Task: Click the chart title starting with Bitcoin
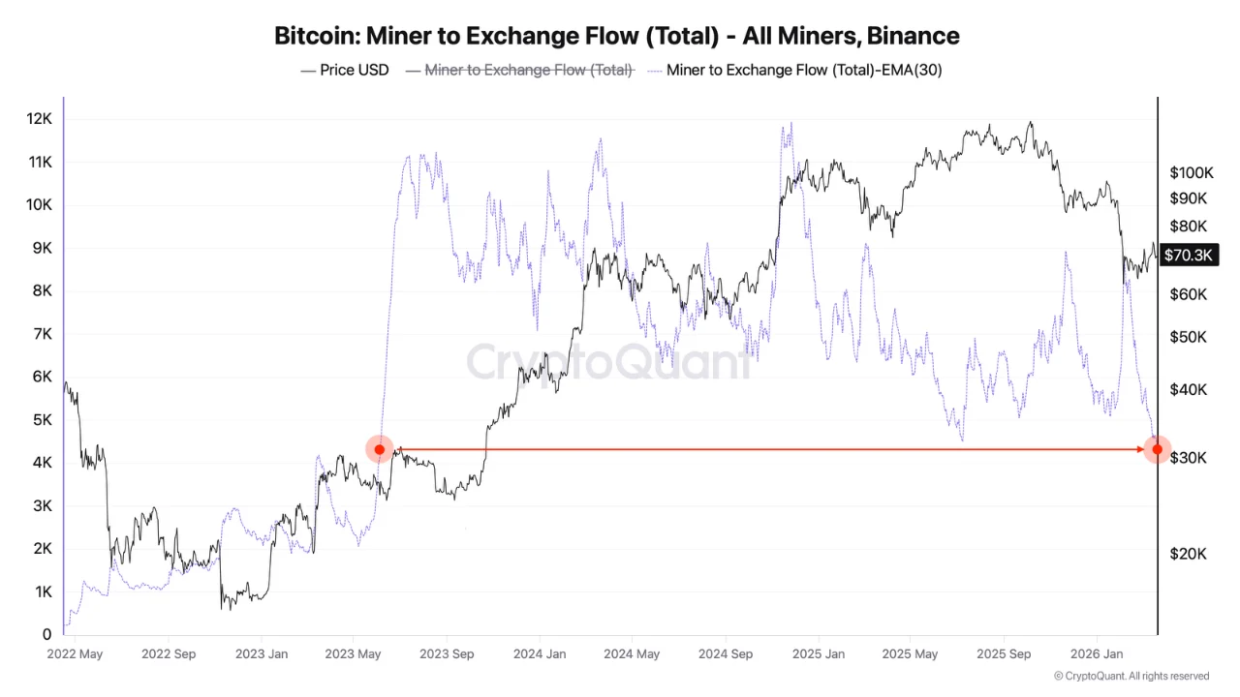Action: click(617, 36)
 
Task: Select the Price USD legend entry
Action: click(345, 70)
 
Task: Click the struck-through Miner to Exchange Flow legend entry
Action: click(519, 70)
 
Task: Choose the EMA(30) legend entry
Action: click(802, 70)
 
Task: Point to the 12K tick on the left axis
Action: click(39, 118)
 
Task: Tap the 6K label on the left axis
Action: click(41, 377)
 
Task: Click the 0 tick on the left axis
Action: click(46, 635)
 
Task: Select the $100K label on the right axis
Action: click(1191, 173)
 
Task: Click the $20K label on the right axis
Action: click(1188, 554)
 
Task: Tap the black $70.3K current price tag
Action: click(1189, 256)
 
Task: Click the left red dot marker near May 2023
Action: click(380, 449)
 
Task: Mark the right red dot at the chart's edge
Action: click(1157, 449)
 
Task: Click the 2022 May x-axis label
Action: click(75, 654)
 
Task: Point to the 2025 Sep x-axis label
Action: click(1005, 654)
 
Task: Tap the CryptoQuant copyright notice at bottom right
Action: click(1131, 676)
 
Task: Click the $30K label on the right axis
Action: click(1188, 457)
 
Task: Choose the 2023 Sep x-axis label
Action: click(447, 654)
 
